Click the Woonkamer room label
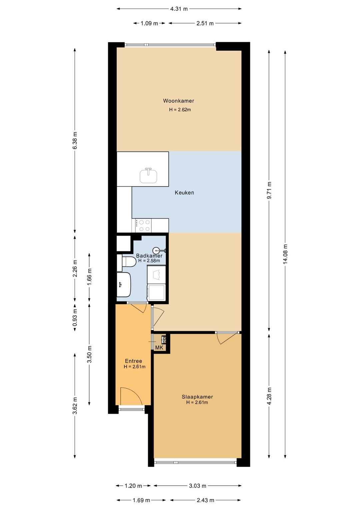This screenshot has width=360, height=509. [x=179, y=101]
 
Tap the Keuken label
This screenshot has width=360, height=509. [x=184, y=193]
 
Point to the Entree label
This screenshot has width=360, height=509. [x=134, y=361]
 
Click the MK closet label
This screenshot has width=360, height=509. [x=159, y=348]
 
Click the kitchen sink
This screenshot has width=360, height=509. [x=148, y=176]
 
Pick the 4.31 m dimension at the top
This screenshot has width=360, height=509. [x=179, y=9]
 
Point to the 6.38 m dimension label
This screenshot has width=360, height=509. [x=75, y=140]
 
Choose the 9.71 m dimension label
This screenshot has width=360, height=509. [x=269, y=190]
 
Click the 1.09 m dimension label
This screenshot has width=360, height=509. [x=149, y=23]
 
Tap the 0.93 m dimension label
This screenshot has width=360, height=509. [x=75, y=317]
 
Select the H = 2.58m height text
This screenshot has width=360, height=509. [x=149, y=261]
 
